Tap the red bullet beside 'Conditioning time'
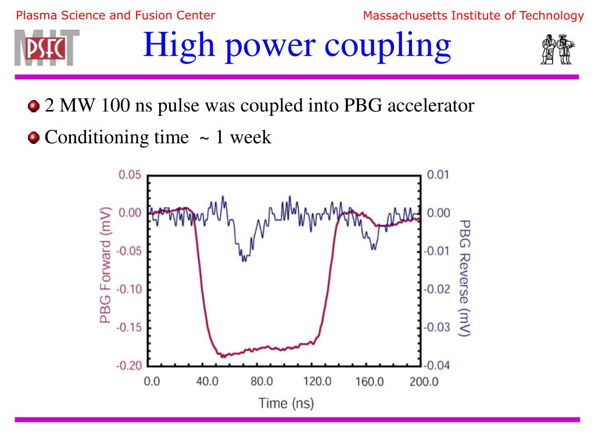point(34,137)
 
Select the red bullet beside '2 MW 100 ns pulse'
point(34,106)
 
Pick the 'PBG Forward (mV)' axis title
point(105,266)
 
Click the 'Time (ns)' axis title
point(286,403)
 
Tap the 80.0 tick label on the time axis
point(261,382)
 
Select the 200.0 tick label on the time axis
point(423,382)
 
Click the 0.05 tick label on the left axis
point(131,175)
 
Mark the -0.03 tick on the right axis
point(437,327)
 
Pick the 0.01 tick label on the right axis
point(439,175)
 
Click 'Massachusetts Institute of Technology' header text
point(473,16)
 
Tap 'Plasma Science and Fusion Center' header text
point(116,16)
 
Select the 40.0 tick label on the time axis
point(206,382)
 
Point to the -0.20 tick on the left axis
point(130,366)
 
